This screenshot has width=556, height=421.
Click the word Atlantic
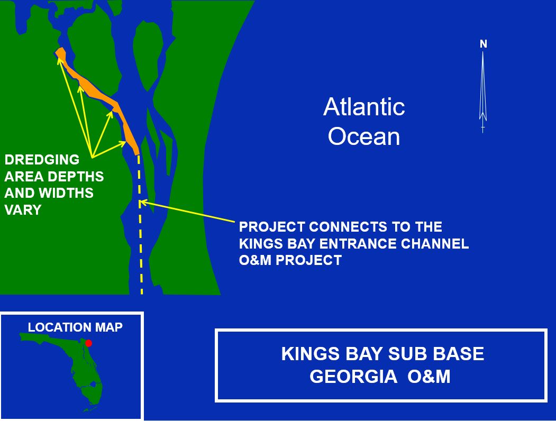(364, 107)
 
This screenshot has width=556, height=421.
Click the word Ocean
(364, 136)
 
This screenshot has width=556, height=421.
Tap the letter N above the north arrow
(483, 45)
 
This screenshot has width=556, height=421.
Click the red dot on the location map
(89, 343)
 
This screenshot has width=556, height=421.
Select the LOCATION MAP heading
(75, 327)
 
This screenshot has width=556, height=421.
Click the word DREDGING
(42, 160)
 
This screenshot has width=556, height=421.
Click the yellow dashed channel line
(141, 249)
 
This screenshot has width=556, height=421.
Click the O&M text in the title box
(428, 377)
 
